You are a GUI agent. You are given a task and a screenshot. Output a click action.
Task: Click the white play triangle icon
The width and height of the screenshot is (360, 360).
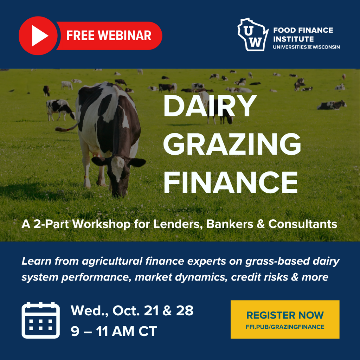pyautogui.click(x=39, y=36)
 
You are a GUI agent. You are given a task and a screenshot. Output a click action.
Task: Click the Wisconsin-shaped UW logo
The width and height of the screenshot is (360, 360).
pyautogui.click(x=252, y=34)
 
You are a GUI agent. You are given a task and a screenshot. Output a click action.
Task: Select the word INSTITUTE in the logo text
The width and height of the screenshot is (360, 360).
pyautogui.click(x=293, y=39)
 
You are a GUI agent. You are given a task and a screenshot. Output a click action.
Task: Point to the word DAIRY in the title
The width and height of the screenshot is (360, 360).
pyautogui.click(x=210, y=106)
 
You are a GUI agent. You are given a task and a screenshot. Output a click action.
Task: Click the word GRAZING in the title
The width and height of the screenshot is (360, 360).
pyautogui.click(x=232, y=144)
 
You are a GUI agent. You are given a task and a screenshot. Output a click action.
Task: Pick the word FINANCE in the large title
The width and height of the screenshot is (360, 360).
pyautogui.click(x=231, y=182)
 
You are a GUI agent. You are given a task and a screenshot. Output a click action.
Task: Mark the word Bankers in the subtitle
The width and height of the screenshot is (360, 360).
pyautogui.click(x=230, y=224)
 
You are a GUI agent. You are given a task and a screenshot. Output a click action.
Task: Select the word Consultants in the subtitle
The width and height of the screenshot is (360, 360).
pyautogui.click(x=303, y=224)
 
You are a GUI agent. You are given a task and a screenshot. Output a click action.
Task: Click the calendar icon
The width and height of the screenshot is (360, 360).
pyautogui.click(x=41, y=320)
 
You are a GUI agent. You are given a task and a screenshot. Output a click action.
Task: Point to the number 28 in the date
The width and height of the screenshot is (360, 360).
pyautogui.click(x=185, y=311)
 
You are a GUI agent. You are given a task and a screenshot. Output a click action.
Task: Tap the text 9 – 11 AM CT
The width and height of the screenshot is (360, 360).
pyautogui.click(x=114, y=331)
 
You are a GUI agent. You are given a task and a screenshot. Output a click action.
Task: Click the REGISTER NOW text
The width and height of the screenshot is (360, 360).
pyautogui.click(x=285, y=315)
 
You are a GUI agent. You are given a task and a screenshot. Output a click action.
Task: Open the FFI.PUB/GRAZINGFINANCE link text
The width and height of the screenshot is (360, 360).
pyautogui.click(x=285, y=327)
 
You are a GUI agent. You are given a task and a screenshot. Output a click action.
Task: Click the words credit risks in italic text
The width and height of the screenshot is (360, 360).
pyautogui.click(x=259, y=277)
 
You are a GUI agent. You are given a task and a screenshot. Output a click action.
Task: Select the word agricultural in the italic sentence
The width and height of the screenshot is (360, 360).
pyautogui.click(x=112, y=262)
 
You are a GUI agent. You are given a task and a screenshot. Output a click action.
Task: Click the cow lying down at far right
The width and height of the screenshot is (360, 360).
pyautogui.click(x=332, y=105)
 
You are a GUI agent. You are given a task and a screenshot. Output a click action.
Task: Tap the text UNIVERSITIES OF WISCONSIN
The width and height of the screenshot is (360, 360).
pyautogui.click(x=306, y=47)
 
